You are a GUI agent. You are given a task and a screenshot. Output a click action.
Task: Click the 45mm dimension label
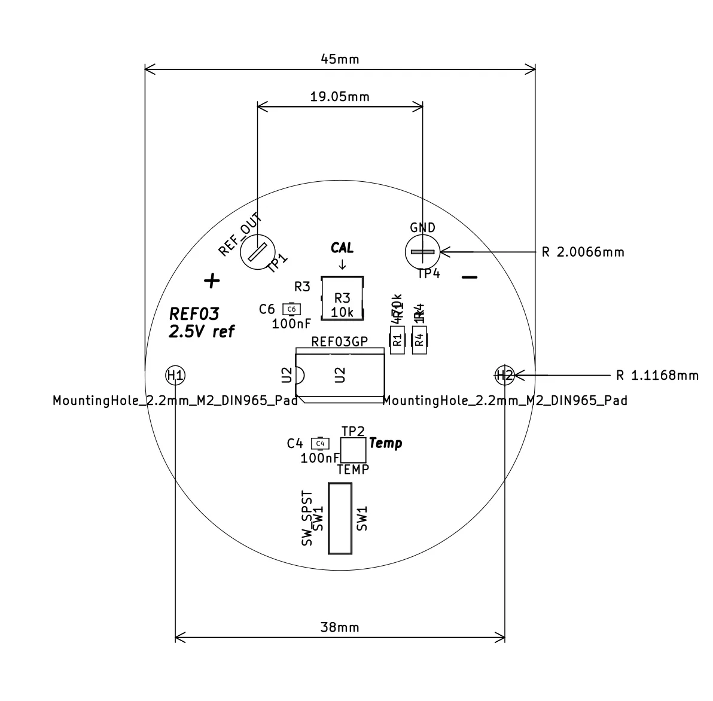[340, 59]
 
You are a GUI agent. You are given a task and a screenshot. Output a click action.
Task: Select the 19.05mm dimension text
[340, 96]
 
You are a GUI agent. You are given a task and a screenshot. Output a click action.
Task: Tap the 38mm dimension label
[340, 627]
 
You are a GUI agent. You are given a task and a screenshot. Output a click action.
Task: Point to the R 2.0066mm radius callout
[583, 252]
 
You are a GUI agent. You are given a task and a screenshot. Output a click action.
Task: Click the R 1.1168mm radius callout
[657, 376]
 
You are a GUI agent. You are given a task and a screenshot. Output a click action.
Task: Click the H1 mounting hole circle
[175, 376]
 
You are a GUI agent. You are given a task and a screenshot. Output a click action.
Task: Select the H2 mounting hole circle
[505, 376]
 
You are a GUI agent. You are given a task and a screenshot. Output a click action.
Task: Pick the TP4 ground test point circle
[422, 252]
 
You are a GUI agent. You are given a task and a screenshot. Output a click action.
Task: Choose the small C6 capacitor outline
[291, 309]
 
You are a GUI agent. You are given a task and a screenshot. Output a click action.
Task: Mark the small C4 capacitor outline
[320, 443]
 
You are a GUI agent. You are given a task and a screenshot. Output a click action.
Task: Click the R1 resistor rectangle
[397, 340]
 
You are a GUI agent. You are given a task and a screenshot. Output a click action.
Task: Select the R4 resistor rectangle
[419, 340]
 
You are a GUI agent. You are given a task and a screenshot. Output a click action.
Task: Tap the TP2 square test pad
[353, 450]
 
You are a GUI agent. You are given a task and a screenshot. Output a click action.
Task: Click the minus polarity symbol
[470, 277]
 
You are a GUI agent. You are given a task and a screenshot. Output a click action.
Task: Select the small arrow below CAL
[342, 264]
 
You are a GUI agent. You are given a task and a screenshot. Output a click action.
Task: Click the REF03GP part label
[339, 341]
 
